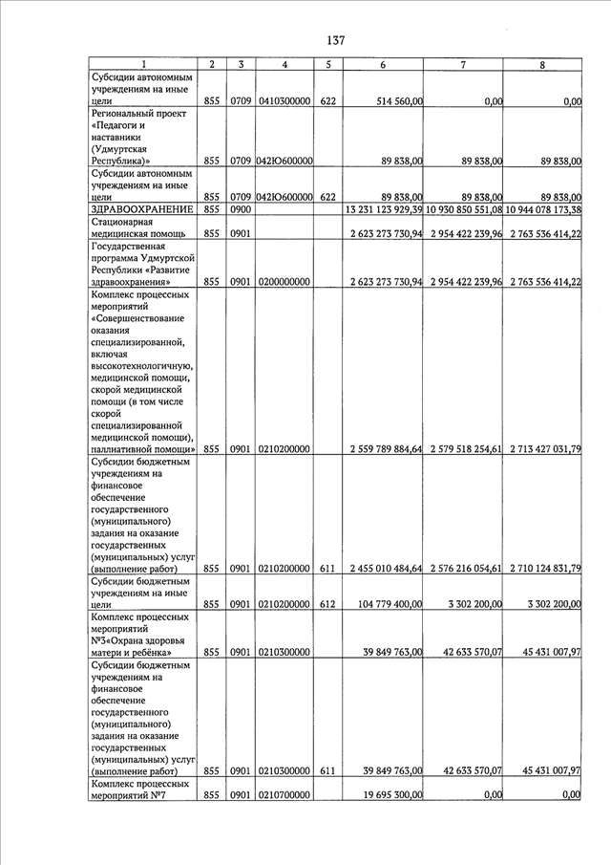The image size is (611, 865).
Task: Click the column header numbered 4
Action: click(285, 64)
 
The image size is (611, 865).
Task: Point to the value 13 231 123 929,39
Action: click(385, 209)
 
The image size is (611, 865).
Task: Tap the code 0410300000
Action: click(284, 100)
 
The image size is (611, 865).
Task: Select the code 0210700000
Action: click(284, 794)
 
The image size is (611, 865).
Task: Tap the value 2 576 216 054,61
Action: click(465, 569)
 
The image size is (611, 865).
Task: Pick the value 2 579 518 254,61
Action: click(465, 448)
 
